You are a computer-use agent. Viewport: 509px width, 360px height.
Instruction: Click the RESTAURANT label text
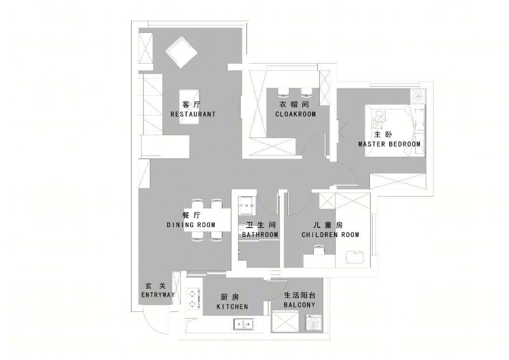(193, 114)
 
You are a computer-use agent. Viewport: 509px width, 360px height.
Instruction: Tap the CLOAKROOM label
(296, 114)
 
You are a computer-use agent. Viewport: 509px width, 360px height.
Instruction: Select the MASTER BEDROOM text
(389, 144)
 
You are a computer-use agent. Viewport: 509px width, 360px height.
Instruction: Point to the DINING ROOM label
(191, 225)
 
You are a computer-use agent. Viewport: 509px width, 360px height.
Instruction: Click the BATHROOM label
(260, 235)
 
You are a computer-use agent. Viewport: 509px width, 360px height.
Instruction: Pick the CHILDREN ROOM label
(330, 235)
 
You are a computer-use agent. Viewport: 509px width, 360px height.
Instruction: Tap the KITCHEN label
(232, 307)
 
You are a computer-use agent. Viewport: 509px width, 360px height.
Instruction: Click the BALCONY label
(299, 305)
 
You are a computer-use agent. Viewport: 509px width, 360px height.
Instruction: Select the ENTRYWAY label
(158, 295)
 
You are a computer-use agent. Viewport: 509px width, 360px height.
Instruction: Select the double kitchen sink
(243, 324)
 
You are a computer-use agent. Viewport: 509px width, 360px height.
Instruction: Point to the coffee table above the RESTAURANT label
(190, 107)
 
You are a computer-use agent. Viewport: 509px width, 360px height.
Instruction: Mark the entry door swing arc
(152, 326)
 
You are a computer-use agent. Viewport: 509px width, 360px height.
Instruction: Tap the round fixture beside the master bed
(418, 97)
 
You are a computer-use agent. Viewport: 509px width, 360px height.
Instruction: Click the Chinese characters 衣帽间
(294, 105)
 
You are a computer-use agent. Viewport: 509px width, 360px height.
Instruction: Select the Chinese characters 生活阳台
(299, 295)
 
